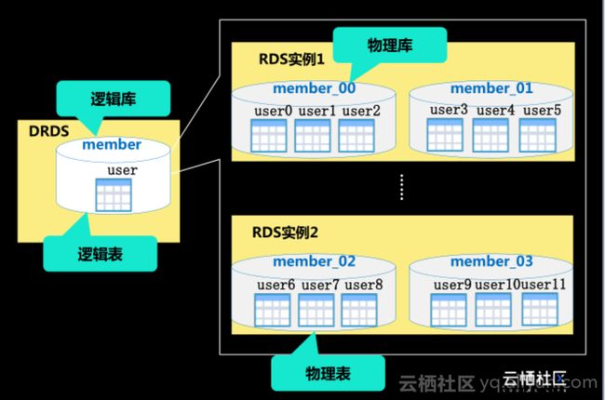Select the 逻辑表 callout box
100,250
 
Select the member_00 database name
314,89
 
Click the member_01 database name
491,88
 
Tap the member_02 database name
314,261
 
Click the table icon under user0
270,136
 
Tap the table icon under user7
313,309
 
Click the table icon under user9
449,308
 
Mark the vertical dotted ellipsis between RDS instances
402,187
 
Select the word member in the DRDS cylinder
112,145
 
